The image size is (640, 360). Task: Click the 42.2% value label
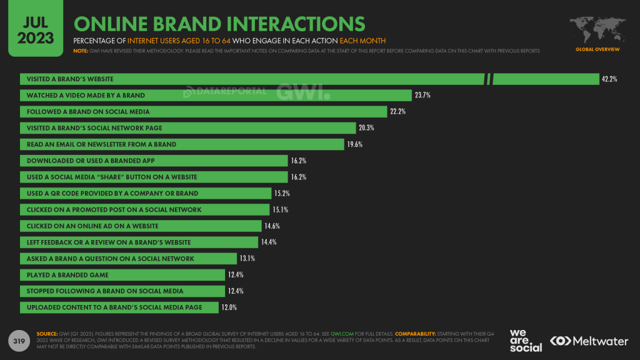609,79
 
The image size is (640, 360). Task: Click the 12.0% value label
229,307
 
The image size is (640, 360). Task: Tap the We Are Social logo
526,340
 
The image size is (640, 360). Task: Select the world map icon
597,29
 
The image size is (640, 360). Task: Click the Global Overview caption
597,49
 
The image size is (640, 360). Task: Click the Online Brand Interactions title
219,24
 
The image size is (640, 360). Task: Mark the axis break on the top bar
489,79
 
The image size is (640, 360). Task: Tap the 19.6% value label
354,144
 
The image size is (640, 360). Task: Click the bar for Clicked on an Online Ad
141,226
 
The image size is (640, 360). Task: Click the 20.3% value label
367,128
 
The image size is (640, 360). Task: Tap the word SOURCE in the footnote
47,334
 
